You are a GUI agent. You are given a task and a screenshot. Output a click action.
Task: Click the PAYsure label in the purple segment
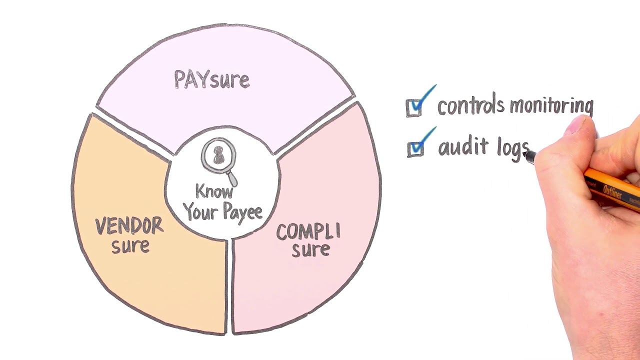coord(211,79)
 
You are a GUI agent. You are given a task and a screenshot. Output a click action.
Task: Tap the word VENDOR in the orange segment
coord(129,225)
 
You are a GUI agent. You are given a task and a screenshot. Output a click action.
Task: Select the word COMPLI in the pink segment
coord(308,231)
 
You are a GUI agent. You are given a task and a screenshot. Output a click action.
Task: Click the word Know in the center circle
coord(214,191)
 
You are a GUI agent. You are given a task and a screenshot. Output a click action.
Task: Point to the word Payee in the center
coord(242,212)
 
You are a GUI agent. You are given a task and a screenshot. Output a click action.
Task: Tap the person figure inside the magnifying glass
coord(219,155)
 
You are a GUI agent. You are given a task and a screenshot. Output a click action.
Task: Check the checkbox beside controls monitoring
coord(413,108)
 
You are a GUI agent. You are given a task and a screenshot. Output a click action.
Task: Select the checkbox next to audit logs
coord(415,149)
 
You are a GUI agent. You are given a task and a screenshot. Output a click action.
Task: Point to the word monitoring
coord(552,106)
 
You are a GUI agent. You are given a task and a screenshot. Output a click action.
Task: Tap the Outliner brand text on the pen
coord(612,191)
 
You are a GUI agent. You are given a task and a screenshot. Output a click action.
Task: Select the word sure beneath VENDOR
coord(130,246)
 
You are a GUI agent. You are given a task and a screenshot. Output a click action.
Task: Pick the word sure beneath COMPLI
coord(311,249)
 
